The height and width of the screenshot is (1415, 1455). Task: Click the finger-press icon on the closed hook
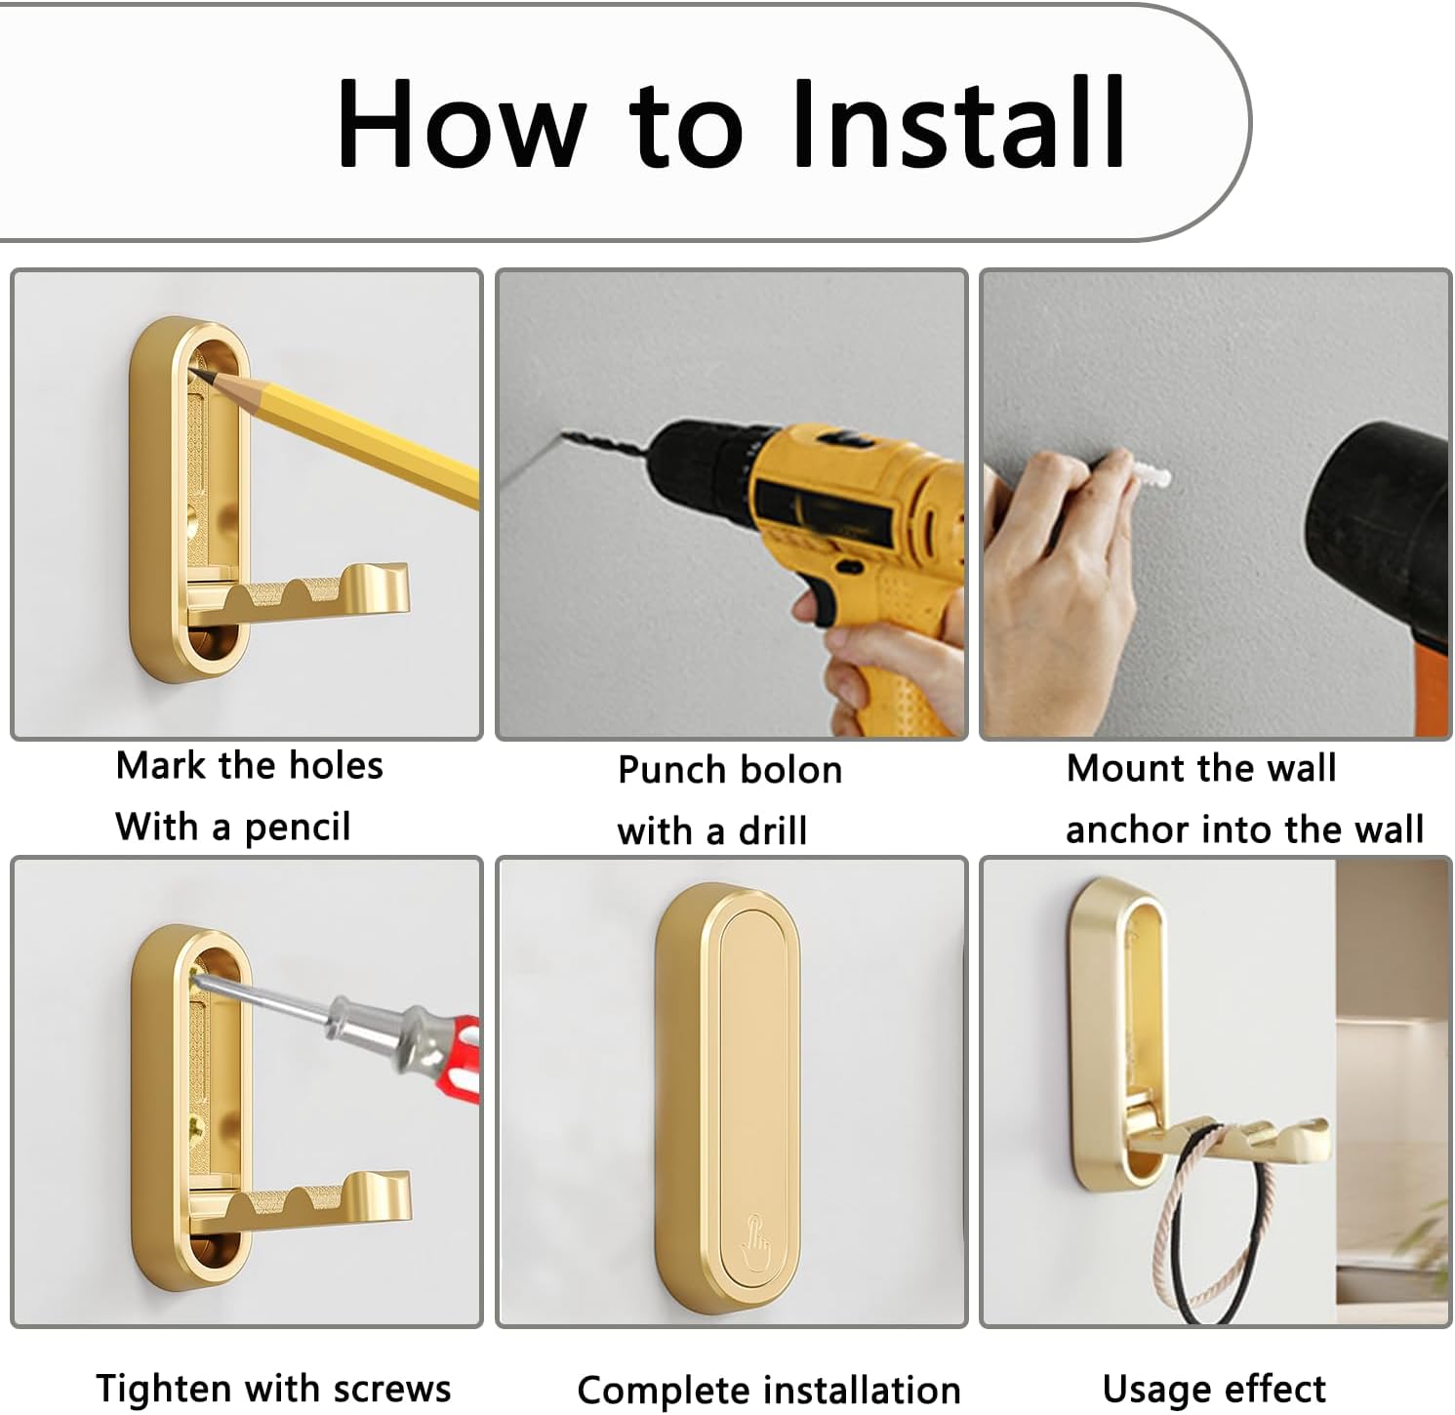[x=756, y=1235]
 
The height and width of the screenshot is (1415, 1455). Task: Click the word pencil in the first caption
[x=297, y=828]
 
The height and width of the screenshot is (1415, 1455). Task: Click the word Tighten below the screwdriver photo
[x=164, y=1388]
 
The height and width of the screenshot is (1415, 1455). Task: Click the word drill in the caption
[x=772, y=831]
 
